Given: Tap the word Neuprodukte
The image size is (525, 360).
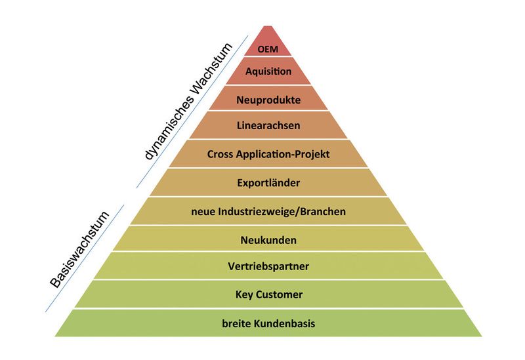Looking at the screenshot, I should pyautogui.click(x=268, y=100).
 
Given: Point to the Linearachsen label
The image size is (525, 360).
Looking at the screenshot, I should pyautogui.click(x=268, y=125).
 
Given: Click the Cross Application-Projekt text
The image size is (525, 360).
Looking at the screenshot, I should pyautogui.click(x=268, y=155).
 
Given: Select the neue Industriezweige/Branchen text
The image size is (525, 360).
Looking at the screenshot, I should pyautogui.click(x=268, y=211).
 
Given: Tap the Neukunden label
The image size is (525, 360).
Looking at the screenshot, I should pyautogui.click(x=268, y=240).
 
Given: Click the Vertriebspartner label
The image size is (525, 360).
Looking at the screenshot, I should pyautogui.click(x=268, y=267).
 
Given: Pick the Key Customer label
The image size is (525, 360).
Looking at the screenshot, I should pyautogui.click(x=268, y=295).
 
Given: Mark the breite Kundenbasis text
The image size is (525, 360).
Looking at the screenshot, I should pyautogui.click(x=268, y=323).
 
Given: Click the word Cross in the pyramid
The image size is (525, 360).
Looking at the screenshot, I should pyautogui.click(x=221, y=155).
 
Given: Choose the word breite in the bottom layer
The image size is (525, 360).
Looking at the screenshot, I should pyautogui.click(x=236, y=323).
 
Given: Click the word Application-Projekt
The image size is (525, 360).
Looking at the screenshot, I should pyautogui.click(x=283, y=155).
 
